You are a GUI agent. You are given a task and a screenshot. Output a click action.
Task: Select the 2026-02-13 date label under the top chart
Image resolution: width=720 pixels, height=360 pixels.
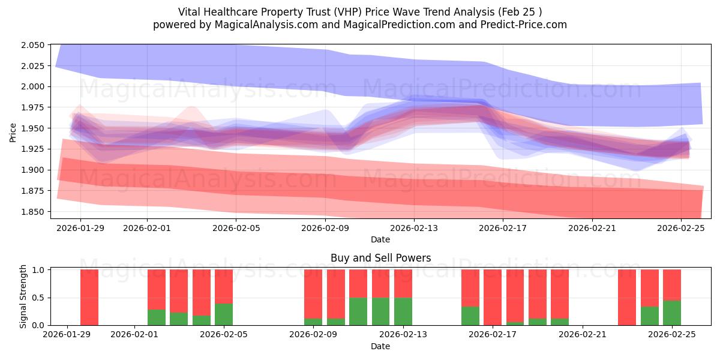coord(414,228)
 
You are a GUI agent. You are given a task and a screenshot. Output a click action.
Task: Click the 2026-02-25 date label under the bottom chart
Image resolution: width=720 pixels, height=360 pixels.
coord(672,335)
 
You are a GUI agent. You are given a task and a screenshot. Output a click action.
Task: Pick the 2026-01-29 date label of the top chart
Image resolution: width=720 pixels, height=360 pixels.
coord(80,228)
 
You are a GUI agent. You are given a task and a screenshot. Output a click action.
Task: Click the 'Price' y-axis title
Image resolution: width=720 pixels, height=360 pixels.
coord(13,132)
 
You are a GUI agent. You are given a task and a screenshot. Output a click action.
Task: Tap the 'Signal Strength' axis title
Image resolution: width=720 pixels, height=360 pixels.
coord(23,297)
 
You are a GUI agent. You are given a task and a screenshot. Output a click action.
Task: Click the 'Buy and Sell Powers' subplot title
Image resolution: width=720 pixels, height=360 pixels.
coord(380,259)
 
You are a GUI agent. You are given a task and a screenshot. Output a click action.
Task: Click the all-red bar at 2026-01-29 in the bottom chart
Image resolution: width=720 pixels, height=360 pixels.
coord(89,297)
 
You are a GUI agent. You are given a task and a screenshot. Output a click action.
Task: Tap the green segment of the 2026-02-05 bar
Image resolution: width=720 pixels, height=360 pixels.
coord(224,314)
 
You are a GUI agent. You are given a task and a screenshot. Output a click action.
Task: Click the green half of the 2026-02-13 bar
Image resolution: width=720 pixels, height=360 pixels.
coord(403,311)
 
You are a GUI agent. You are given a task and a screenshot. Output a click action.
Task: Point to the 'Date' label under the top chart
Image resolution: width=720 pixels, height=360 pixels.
coord(380,239)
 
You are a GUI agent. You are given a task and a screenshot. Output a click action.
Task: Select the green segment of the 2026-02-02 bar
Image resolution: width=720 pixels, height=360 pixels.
coord(157,317)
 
